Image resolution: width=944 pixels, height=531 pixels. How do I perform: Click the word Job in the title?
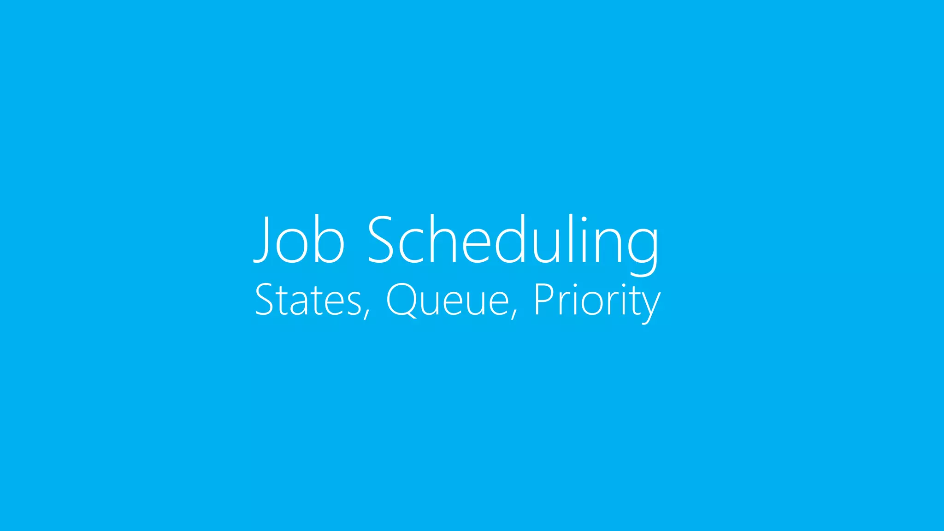[299, 240]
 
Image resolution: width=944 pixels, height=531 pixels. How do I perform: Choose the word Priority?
[597, 301]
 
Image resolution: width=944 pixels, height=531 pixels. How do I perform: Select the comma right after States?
[367, 314]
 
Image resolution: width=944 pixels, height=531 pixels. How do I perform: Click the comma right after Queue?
[514, 314]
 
